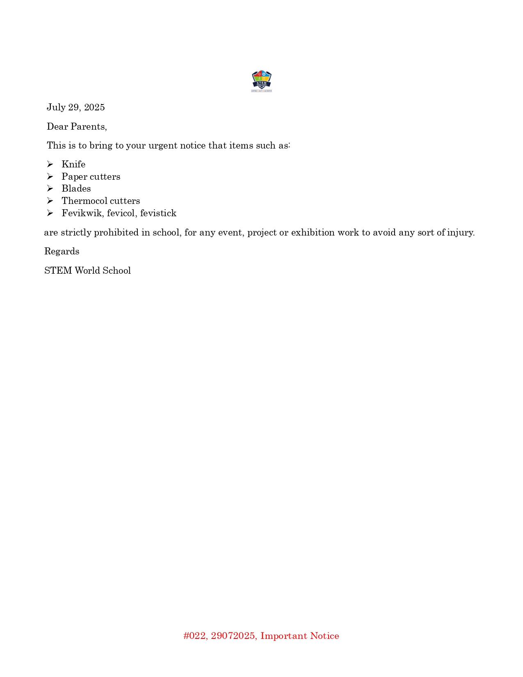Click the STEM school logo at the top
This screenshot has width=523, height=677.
click(261, 81)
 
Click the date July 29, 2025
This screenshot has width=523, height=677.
click(76, 107)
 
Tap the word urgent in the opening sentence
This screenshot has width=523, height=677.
click(163, 146)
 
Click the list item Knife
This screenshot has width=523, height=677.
click(73, 165)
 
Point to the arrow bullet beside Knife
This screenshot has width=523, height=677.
click(50, 165)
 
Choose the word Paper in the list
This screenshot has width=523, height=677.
click(74, 177)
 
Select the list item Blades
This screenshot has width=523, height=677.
click(76, 189)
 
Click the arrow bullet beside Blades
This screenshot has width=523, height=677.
click(50, 189)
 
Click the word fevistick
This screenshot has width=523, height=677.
click(158, 213)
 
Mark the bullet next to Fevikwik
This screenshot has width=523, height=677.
click(50, 213)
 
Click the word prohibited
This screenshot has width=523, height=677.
click(116, 233)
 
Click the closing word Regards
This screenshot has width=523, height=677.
click(62, 252)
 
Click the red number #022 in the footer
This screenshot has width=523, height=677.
click(195, 636)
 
